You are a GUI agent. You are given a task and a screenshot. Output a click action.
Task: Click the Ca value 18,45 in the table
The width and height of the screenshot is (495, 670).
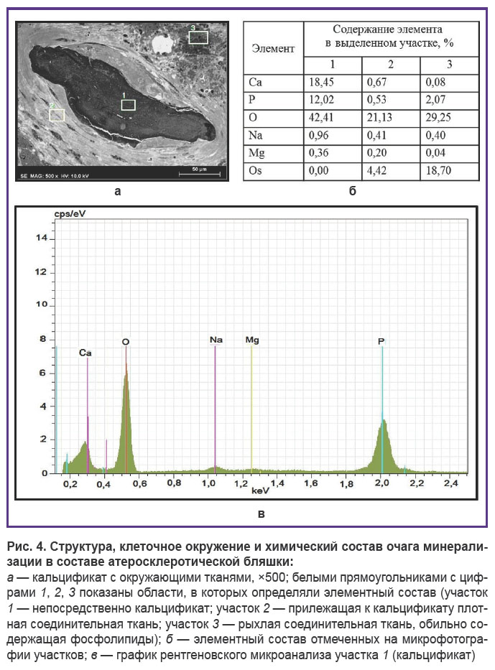point(321,82)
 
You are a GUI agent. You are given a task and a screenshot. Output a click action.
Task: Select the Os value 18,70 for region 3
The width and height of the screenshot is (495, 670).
point(438,170)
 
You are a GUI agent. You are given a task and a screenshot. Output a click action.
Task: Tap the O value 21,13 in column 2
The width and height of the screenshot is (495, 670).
point(379,118)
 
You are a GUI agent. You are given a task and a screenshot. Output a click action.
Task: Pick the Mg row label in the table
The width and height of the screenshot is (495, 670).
point(256,153)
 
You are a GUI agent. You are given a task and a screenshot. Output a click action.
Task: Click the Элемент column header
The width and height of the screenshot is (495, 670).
point(273,49)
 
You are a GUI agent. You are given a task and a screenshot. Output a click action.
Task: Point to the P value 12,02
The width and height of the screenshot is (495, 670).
point(321,100)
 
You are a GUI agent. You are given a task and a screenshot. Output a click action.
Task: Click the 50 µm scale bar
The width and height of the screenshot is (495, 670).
point(200,174)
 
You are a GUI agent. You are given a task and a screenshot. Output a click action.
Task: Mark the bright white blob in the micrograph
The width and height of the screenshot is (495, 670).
point(164,44)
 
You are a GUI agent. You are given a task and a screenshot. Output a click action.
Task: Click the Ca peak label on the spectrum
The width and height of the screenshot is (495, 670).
point(85,353)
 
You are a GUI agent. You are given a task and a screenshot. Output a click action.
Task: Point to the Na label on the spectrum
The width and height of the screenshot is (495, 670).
point(216,340)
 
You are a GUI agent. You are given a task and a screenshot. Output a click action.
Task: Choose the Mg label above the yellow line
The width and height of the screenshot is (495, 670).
point(252,340)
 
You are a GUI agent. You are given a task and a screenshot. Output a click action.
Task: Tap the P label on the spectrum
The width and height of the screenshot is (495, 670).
point(381,341)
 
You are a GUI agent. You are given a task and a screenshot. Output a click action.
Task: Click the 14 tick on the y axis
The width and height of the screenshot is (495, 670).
point(42,238)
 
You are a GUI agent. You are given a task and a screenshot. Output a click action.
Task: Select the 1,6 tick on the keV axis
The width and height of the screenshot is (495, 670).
point(311,483)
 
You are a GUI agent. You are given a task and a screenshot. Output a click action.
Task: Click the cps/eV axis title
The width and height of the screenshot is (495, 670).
point(70,214)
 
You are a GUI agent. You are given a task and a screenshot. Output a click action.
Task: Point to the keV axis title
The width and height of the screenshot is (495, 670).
point(260,490)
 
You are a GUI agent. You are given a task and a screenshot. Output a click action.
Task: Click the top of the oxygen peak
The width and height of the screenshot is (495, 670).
point(126,372)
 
